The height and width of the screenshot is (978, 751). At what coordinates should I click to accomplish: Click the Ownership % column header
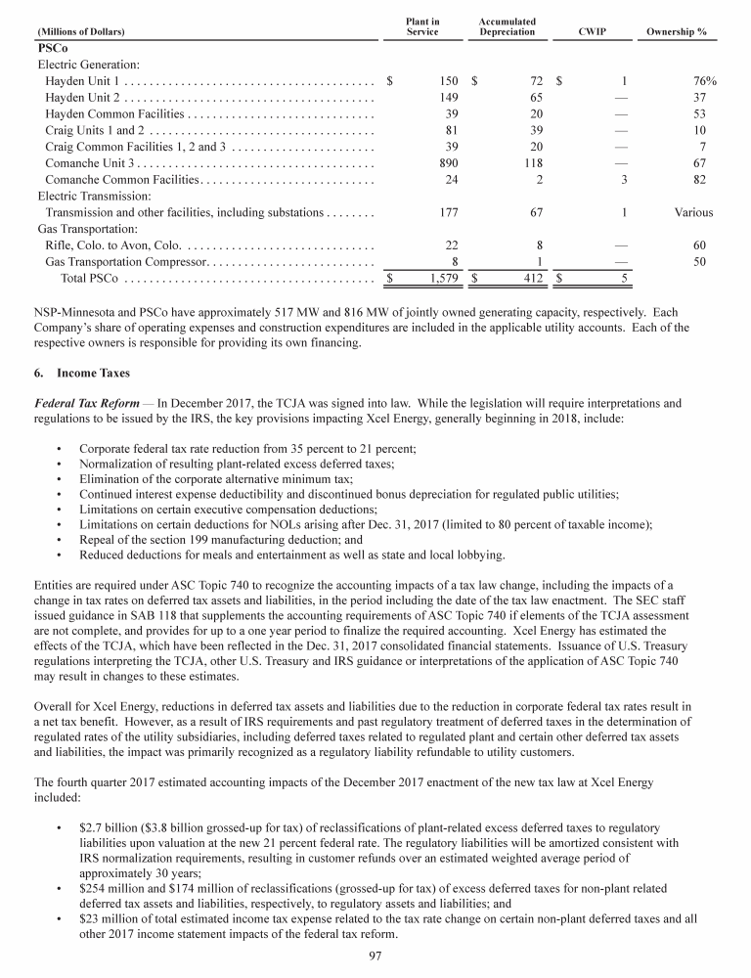pyautogui.click(x=677, y=31)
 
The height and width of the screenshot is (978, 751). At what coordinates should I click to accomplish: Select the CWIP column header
pyautogui.click(x=593, y=31)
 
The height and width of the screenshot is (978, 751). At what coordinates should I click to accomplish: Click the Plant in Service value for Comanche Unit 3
pyautogui.click(x=451, y=163)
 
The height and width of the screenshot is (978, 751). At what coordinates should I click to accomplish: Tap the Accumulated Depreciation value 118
pyautogui.click(x=534, y=163)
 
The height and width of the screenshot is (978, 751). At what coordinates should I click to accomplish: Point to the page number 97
pyautogui.click(x=375, y=956)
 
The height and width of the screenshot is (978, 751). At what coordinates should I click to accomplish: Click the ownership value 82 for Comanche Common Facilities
pyautogui.click(x=699, y=180)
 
